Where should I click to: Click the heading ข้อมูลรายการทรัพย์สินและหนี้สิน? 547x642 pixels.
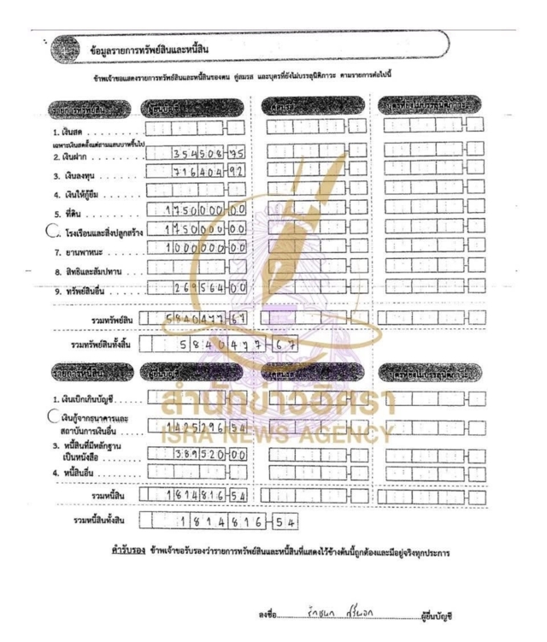pos(150,46)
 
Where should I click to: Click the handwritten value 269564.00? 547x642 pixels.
pos(202,288)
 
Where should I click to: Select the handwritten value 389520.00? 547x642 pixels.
pos(205,455)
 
